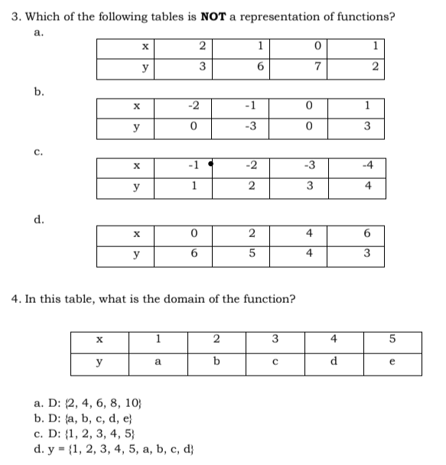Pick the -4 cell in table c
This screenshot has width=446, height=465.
click(x=369, y=165)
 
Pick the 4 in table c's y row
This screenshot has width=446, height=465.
click(x=369, y=186)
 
